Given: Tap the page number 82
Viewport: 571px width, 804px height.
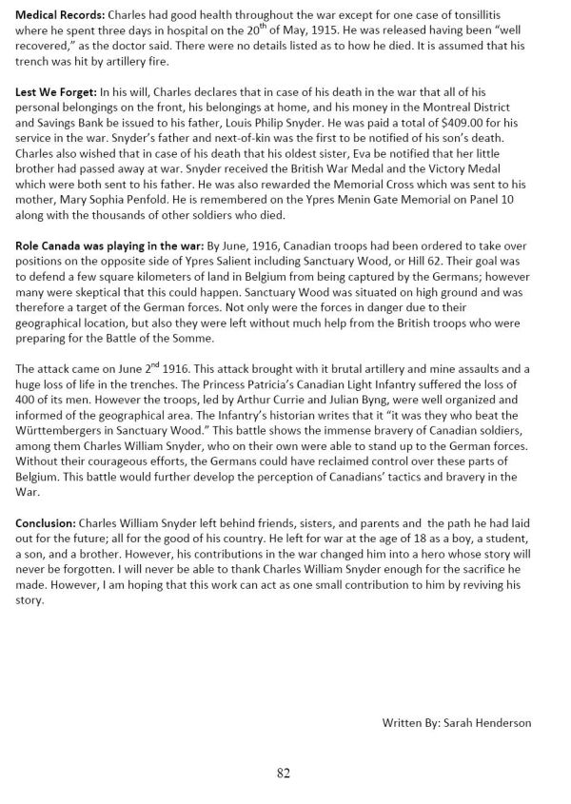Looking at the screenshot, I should point(284,773).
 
